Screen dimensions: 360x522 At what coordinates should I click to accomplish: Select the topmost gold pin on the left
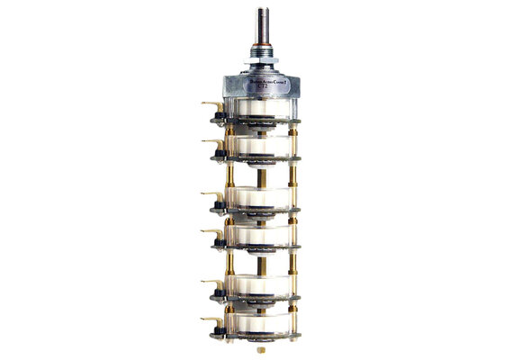coord(208,105)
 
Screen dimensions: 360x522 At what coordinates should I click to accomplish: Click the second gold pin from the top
coord(208,142)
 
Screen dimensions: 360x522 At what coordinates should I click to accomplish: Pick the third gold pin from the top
coord(208,193)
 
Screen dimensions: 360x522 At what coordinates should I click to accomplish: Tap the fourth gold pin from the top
coord(208,233)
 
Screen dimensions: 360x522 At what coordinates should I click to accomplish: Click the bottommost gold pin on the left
coord(208,322)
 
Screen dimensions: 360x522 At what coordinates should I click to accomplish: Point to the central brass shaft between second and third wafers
coord(260,175)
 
